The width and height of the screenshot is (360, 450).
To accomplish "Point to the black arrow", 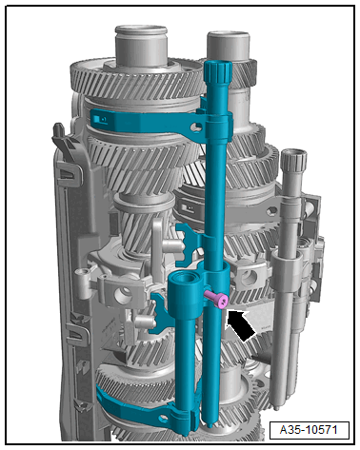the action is tap(240, 325).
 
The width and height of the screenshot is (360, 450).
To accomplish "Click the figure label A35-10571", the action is tap(309, 430).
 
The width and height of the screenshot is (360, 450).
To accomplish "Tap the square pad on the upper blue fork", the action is tap(100, 119).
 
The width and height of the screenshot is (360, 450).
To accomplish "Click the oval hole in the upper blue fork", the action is tap(195, 127).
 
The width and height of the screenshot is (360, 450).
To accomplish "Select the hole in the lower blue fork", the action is tap(164, 419).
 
